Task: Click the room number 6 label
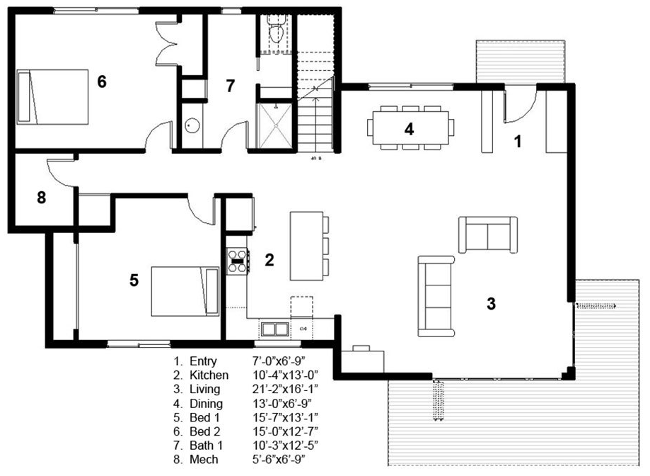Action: coord(102,82)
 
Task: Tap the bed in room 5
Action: coord(185,290)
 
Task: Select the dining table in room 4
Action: coord(410,127)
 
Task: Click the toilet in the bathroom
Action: coord(276,29)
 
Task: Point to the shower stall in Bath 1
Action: coord(273,123)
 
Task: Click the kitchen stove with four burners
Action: coord(236,262)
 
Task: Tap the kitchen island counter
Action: coord(304,246)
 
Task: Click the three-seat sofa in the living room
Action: coord(434,295)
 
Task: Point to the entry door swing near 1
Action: coord(520,106)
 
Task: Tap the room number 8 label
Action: coord(41,198)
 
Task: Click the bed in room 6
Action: coord(54,96)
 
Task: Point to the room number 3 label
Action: coord(491,304)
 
